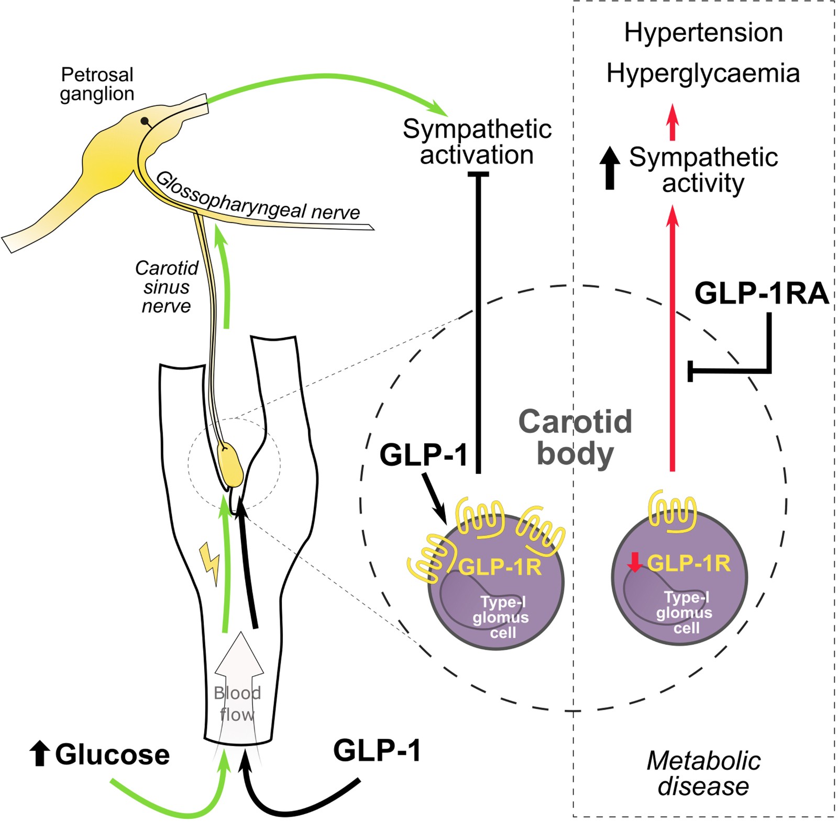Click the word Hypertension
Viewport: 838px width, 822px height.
pos(703,32)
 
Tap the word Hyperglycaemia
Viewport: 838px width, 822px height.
pos(703,73)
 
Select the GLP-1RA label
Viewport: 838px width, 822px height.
pos(761,293)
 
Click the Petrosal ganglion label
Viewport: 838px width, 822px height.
pos(97,84)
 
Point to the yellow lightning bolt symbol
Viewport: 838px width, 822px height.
pos(210,563)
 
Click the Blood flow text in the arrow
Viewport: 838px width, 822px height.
pos(237,703)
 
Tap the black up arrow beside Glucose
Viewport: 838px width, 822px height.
pos(39,753)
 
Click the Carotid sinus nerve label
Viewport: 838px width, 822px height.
pos(167,286)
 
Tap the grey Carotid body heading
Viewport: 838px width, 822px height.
pos(575,437)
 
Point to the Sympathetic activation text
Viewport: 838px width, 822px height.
pos(477,142)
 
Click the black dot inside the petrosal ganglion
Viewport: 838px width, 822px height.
pos(144,121)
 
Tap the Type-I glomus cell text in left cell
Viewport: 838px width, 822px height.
pos(501,617)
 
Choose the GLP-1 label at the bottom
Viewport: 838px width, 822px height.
pos(377,750)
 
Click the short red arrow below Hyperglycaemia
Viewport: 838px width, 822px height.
pos(672,121)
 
